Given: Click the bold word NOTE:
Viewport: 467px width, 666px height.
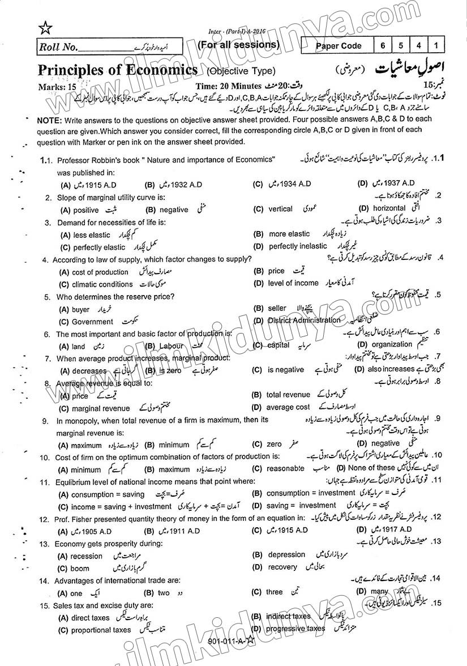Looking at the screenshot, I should point(49,119).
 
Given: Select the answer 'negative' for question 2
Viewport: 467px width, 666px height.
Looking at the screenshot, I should point(174,210).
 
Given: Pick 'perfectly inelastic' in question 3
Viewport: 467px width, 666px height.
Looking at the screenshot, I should point(298,246).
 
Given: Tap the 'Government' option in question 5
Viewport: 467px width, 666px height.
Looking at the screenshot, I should point(92,322).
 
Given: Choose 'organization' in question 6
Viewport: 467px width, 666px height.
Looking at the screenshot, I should point(392,344).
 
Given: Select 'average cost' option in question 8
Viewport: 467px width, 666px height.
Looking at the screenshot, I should point(288,407).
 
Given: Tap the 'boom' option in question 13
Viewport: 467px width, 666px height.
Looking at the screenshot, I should point(80,569).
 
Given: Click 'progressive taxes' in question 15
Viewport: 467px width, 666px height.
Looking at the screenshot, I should point(295,629).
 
